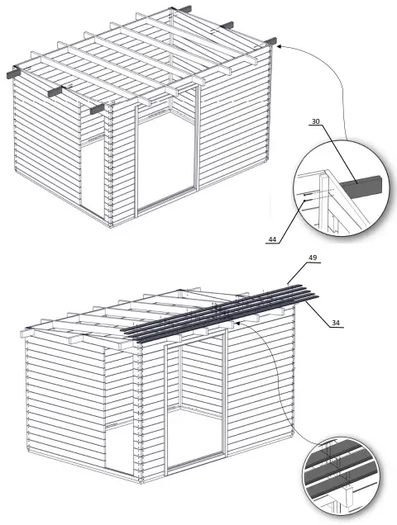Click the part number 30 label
pos(316,122)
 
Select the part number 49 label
pos(313,258)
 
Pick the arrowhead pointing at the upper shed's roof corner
pos(279,47)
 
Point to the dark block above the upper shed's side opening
pos(97,108)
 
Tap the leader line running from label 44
pos(289,219)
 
